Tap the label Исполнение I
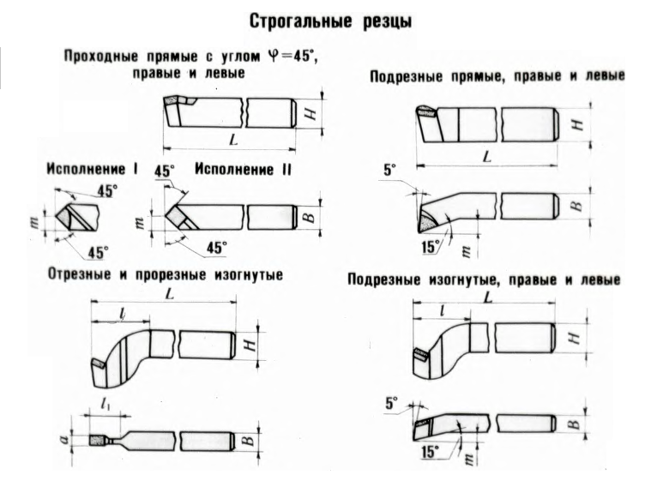pos(92,169)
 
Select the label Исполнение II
pos(243,169)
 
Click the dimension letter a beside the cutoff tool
pos(63,440)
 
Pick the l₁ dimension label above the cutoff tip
pos(105,405)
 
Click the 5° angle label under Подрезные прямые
pos(389,170)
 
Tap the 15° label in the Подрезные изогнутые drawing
pos(430,452)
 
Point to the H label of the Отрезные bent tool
pos(250,345)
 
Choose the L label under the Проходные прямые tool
pos(233,139)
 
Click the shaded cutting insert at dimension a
pos(97,440)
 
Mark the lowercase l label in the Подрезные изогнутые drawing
pos(442,310)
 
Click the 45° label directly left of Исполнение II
pos(165,171)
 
